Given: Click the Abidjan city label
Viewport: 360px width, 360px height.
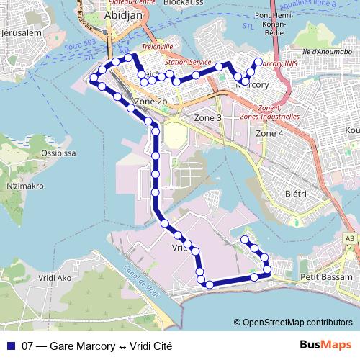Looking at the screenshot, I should coord(125,14).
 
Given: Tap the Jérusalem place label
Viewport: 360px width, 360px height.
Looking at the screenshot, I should coord(24,34).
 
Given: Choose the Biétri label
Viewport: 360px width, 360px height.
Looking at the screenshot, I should coord(295,194).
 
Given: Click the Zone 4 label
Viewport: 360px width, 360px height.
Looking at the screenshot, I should coord(270,133).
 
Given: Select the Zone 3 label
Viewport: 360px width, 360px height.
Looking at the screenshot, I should coord(208,117).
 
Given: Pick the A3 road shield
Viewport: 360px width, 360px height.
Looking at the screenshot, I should coord(349,238).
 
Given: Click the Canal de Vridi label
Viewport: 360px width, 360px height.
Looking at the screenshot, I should coord(140,283).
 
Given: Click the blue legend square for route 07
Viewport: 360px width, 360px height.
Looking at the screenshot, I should coord(9,346).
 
